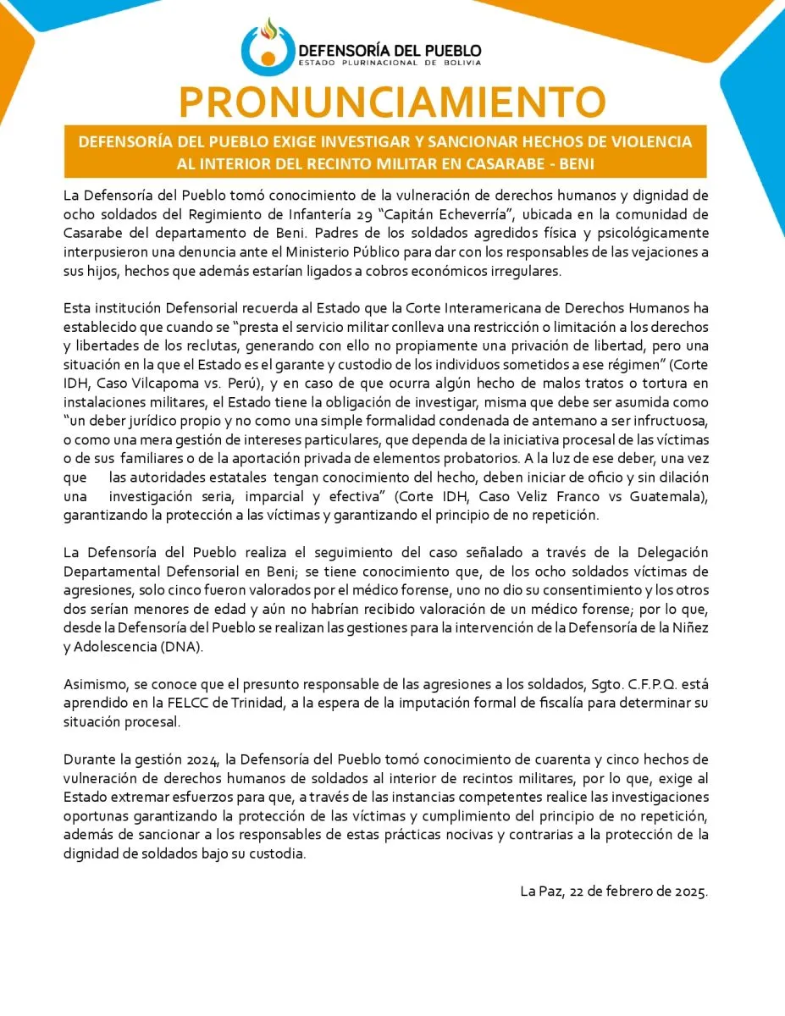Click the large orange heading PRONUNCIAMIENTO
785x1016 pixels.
tap(392, 102)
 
